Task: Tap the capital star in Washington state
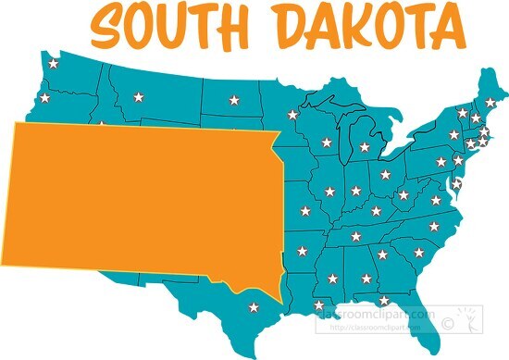52,65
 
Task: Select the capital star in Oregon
43,96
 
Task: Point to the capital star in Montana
139,96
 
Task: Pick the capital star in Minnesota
292,115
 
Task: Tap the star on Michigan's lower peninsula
365,146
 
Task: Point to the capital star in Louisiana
319,305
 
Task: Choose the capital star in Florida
383,301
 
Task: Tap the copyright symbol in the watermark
448,324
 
